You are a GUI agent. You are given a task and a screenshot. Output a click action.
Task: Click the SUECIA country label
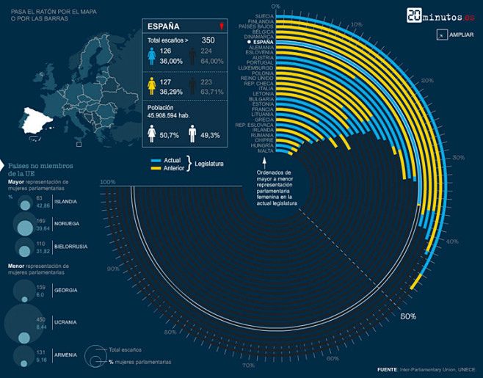coord(264,15)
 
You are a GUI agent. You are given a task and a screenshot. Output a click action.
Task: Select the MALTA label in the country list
coord(266,150)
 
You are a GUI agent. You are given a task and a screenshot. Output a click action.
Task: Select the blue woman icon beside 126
coord(152,56)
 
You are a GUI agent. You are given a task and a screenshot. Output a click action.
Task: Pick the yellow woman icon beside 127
coord(152,87)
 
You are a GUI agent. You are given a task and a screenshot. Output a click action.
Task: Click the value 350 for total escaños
coord(208,40)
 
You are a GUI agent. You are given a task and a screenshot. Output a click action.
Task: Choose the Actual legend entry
coord(172,160)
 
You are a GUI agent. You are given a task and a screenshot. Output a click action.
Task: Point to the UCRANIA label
coord(66,322)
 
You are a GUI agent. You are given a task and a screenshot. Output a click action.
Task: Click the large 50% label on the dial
coord(409,316)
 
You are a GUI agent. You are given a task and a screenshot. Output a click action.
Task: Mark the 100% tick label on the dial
coord(107,182)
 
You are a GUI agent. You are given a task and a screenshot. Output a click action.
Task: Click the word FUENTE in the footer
coord(387,369)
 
